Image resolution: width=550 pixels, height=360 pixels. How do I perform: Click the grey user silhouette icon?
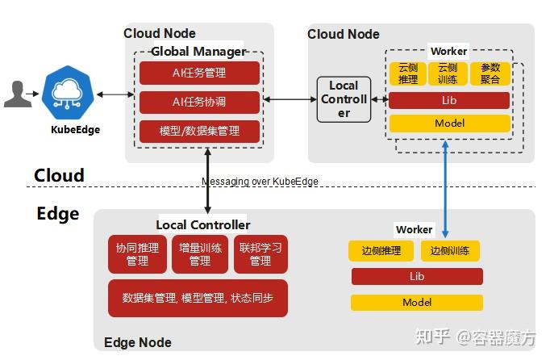tap(17, 94)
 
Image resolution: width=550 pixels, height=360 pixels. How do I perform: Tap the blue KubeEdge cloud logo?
tap(71, 94)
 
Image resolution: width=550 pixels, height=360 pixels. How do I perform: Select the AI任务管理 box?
tap(199, 73)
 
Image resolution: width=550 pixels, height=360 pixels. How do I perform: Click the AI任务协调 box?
tap(199, 103)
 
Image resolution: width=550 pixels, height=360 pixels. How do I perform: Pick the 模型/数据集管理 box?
tap(199, 131)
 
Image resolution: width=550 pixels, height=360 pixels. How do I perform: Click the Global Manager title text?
tap(198, 52)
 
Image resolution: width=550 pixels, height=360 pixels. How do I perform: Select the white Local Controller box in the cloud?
tap(344, 99)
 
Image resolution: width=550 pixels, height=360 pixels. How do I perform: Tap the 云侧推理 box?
tap(408, 74)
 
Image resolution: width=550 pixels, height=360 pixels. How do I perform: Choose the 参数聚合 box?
tap(490, 74)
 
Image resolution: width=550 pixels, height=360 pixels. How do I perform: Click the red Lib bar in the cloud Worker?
tap(449, 101)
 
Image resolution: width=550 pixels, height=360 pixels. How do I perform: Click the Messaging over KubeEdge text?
tap(260, 182)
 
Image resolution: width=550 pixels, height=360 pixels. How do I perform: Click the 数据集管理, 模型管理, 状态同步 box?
tap(198, 298)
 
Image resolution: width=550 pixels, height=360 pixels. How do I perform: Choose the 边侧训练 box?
tap(450, 251)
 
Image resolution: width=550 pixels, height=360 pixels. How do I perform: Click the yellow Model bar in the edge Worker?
tap(417, 303)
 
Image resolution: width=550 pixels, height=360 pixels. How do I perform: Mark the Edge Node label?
tap(138, 342)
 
